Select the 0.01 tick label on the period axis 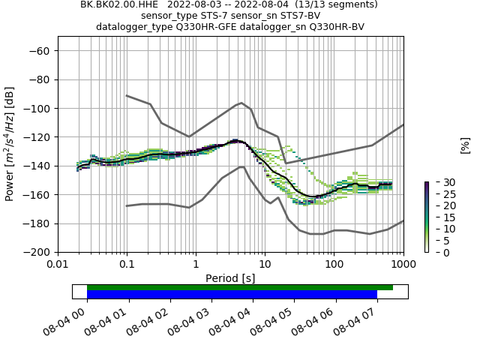[58, 265]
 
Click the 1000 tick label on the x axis [403, 265]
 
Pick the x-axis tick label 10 [265, 265]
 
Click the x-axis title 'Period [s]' [230, 278]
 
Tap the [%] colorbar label [465, 145]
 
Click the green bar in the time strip [240, 287]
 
